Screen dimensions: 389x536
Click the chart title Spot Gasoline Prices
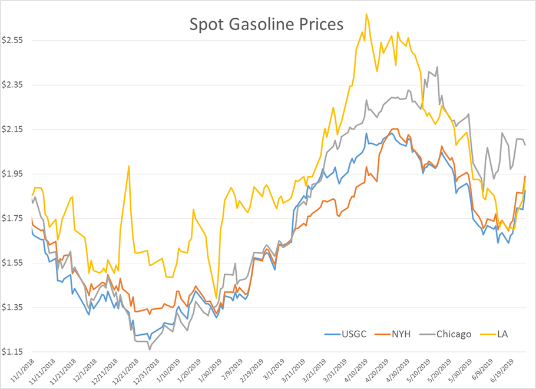266,25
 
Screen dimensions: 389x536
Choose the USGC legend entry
354,334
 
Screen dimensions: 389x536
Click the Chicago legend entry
454,334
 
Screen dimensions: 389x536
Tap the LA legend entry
502,334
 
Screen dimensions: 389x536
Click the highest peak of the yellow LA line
366,14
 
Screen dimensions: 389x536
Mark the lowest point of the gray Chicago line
149,350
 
